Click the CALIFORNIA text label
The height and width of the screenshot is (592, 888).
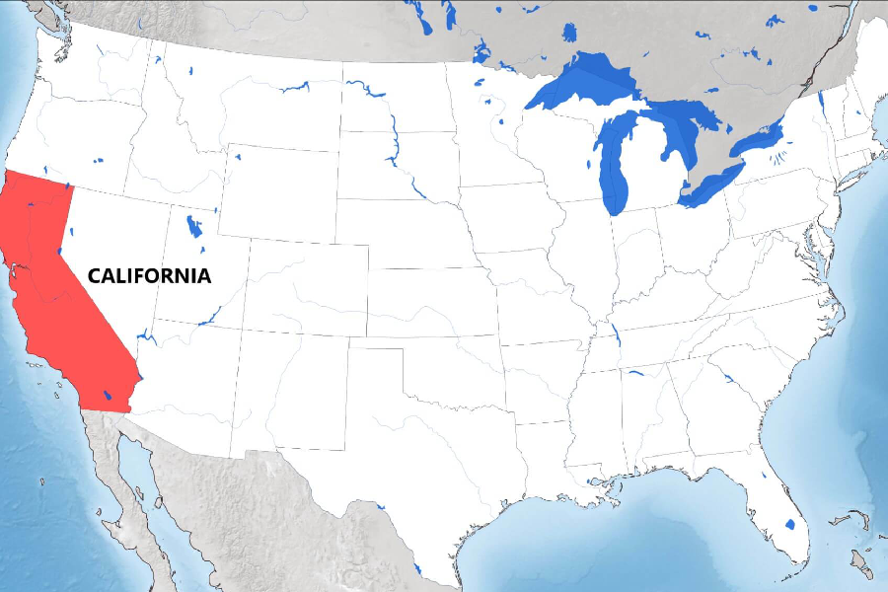pyautogui.click(x=149, y=276)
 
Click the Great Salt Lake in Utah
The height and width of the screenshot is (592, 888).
pyautogui.click(x=193, y=227)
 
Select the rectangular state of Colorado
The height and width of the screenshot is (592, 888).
pyautogui.click(x=307, y=287)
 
